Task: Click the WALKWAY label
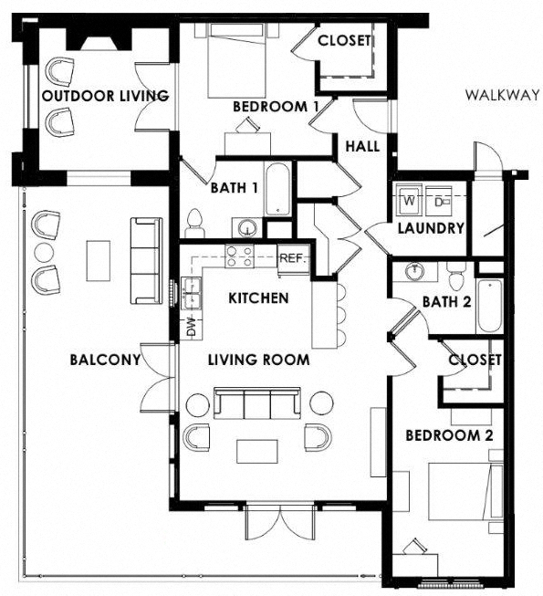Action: tap(498, 95)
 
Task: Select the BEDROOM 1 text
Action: tap(276, 107)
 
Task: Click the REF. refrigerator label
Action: tap(291, 258)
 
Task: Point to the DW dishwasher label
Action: tap(192, 327)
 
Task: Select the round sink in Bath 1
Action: tap(245, 227)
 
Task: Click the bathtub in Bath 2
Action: tap(489, 307)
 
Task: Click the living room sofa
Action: tap(257, 403)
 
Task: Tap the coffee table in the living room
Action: tap(257, 451)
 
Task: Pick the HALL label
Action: tap(362, 146)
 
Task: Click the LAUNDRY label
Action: tap(431, 228)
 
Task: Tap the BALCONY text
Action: tap(105, 360)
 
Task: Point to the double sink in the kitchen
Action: tap(193, 292)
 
